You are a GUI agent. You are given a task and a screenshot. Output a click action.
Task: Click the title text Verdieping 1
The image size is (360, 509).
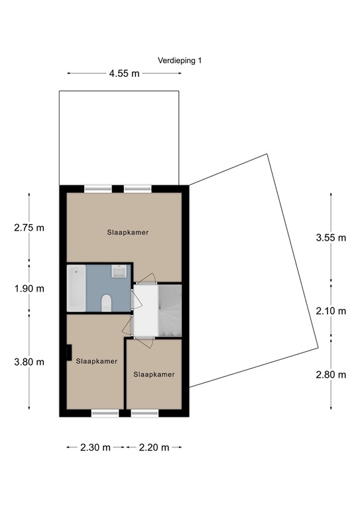[x=180, y=60]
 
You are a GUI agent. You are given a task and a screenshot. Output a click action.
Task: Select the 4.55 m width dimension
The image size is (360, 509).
[x=124, y=74]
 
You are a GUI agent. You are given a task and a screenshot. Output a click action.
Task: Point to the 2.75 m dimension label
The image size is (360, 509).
[x=29, y=228]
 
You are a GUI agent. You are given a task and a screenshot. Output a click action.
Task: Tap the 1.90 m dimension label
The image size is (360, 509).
[x=29, y=288]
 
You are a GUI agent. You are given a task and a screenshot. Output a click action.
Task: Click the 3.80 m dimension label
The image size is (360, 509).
[x=29, y=362]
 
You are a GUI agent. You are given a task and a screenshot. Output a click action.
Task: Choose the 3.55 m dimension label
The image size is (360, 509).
[x=331, y=239]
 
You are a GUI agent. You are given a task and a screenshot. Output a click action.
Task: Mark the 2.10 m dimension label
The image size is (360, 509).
[x=331, y=311]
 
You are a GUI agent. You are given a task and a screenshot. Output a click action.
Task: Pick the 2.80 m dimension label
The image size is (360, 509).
[x=331, y=374]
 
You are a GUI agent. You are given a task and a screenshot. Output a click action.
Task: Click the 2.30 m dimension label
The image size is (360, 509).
[x=95, y=447]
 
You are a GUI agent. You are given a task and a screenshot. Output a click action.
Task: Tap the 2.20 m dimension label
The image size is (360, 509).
[x=154, y=447]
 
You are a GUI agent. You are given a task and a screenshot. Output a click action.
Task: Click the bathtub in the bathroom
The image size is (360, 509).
[x=76, y=288]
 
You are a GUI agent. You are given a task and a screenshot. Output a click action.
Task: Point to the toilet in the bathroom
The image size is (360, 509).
[x=106, y=304]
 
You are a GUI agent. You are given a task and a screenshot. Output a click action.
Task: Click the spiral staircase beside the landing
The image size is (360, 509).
[x=168, y=310]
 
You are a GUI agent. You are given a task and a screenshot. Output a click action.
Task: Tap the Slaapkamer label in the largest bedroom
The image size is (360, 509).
[x=127, y=233]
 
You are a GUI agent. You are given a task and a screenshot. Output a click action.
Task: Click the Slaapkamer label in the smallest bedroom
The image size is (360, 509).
[x=154, y=374]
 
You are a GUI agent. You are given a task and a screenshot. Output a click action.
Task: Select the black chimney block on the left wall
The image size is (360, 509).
[x=69, y=353]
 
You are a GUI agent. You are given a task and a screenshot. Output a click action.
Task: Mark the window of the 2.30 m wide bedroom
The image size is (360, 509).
[x=104, y=414]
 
